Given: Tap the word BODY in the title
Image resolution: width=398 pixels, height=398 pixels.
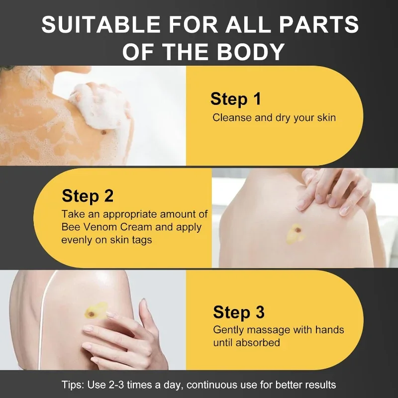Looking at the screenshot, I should tap(252, 51).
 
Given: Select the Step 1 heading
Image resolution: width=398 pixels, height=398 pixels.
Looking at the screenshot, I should tap(235, 99).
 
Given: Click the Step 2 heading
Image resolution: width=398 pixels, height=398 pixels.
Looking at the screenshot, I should tap(88, 196).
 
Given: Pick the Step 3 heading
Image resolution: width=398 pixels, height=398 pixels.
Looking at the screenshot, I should tap(238, 312).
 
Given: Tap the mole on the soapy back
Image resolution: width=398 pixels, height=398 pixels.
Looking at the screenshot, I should tap(105, 132).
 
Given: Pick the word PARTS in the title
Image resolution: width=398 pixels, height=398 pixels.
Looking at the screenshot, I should tap(324, 25).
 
